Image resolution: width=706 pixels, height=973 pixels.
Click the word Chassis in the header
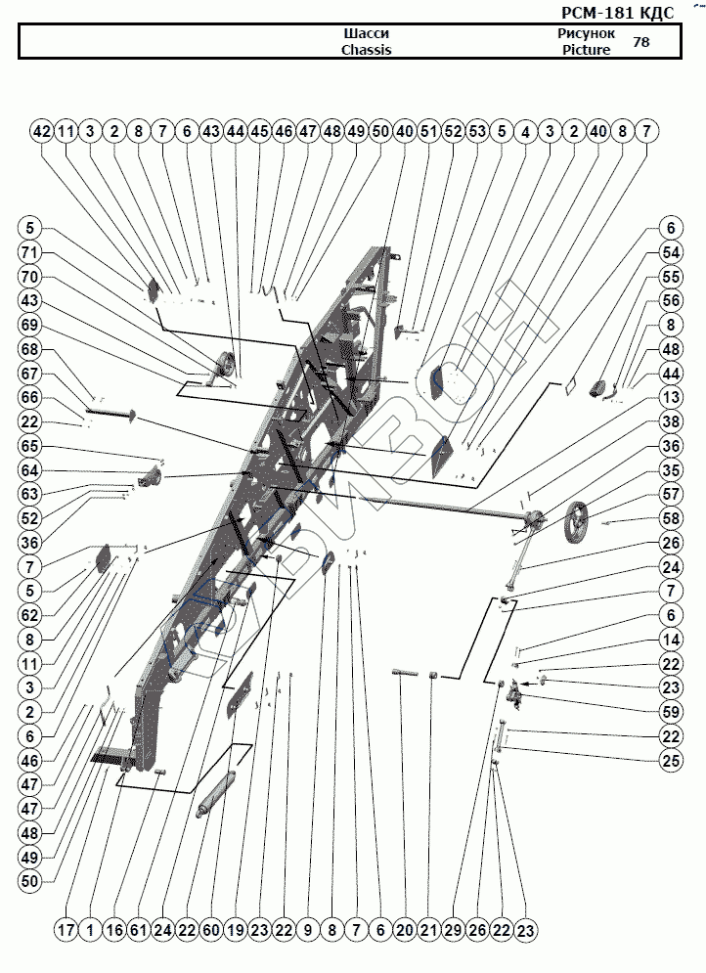point(366,50)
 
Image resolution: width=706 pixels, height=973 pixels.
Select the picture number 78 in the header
point(641,42)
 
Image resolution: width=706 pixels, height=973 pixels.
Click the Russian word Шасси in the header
point(358,33)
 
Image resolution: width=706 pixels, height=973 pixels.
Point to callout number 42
point(41,130)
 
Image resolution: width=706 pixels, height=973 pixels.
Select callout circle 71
point(31,252)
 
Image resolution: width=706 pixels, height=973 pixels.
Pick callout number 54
point(671,252)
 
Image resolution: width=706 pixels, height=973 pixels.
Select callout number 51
point(428,130)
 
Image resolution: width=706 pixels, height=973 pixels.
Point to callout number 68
point(31,348)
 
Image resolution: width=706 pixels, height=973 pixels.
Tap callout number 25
point(671,759)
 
